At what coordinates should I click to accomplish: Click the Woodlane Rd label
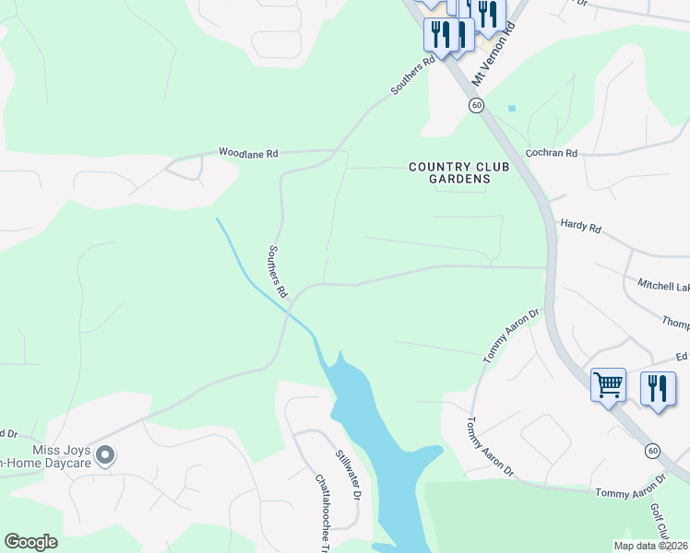pos(248,152)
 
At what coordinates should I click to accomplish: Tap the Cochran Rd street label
pos(551,152)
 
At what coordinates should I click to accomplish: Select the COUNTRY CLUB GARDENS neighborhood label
pos(450,172)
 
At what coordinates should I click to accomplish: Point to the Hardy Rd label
pos(580,225)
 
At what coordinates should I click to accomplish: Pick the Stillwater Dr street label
pos(345,471)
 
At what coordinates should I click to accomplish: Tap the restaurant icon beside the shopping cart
pos(657,387)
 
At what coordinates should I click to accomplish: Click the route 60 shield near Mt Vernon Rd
pos(476,106)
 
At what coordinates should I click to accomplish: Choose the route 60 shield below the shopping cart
pos(653,450)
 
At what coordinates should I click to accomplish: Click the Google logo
pos(31,541)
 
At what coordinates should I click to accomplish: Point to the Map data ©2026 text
pos(650,546)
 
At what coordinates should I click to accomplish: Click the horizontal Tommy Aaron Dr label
pos(630,494)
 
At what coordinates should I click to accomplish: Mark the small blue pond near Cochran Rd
pos(512,108)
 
